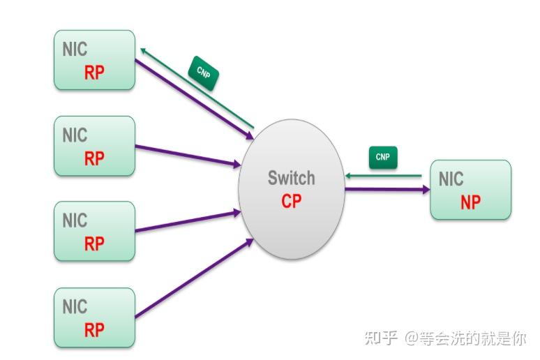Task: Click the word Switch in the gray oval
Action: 292,178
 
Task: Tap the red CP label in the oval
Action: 292,201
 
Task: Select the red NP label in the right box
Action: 470,202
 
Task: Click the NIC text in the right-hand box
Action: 451,179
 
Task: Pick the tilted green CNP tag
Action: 203,73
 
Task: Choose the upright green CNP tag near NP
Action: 383,158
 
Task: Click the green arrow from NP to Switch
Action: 383,176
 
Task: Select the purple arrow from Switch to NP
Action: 387,189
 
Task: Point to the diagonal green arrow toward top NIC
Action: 197,88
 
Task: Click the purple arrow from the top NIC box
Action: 194,100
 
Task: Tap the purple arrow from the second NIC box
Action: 188,156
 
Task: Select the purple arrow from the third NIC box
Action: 188,222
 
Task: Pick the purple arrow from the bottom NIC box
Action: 194,278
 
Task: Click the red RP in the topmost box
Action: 94,73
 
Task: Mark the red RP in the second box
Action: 94,158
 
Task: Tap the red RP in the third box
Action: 94,243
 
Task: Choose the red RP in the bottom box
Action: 94,330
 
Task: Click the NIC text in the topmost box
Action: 75,49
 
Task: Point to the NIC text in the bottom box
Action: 75,306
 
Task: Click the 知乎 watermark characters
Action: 381,338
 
